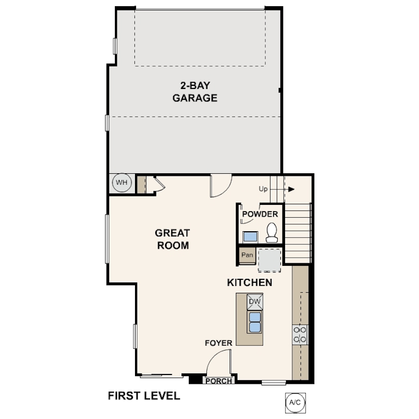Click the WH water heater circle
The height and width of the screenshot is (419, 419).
tap(122, 183)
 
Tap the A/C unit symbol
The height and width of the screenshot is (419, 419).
tap(295, 402)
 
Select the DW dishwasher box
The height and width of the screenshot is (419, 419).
tap(255, 302)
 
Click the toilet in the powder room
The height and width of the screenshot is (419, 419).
tap(272, 232)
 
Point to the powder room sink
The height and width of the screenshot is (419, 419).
tap(250, 237)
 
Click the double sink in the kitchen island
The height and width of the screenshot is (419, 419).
tap(255, 322)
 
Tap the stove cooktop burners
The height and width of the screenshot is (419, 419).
tap(300, 335)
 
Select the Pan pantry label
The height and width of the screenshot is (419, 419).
tap(247, 255)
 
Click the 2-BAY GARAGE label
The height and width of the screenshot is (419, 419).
tap(195, 92)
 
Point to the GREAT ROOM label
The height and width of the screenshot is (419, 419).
tap(173, 239)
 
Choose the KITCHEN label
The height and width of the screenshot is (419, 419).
tap(249, 282)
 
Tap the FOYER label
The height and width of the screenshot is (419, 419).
tap(219, 343)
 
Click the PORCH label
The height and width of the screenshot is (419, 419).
tap(219, 381)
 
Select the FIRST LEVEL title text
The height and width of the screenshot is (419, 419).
tap(144, 396)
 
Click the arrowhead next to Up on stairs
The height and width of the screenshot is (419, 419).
tap(291, 189)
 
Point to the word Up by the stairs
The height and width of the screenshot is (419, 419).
tap(263, 189)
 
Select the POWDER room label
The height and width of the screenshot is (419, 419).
tap(260, 214)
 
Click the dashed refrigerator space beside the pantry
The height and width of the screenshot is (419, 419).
tap(270, 260)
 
